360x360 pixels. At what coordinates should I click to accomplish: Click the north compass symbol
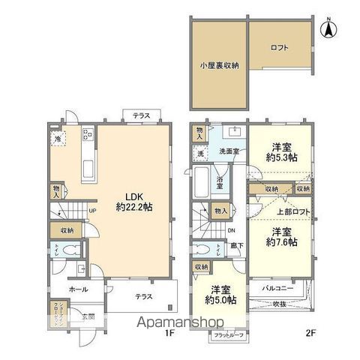click(x=327, y=29)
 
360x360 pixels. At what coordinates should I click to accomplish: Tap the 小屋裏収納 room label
click(x=219, y=65)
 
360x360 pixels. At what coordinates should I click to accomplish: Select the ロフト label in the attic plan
click(x=279, y=48)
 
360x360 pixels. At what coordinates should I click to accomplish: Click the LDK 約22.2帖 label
click(x=134, y=200)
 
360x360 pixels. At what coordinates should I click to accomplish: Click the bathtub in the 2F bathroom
click(x=202, y=181)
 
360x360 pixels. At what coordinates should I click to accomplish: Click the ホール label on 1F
click(x=79, y=289)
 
